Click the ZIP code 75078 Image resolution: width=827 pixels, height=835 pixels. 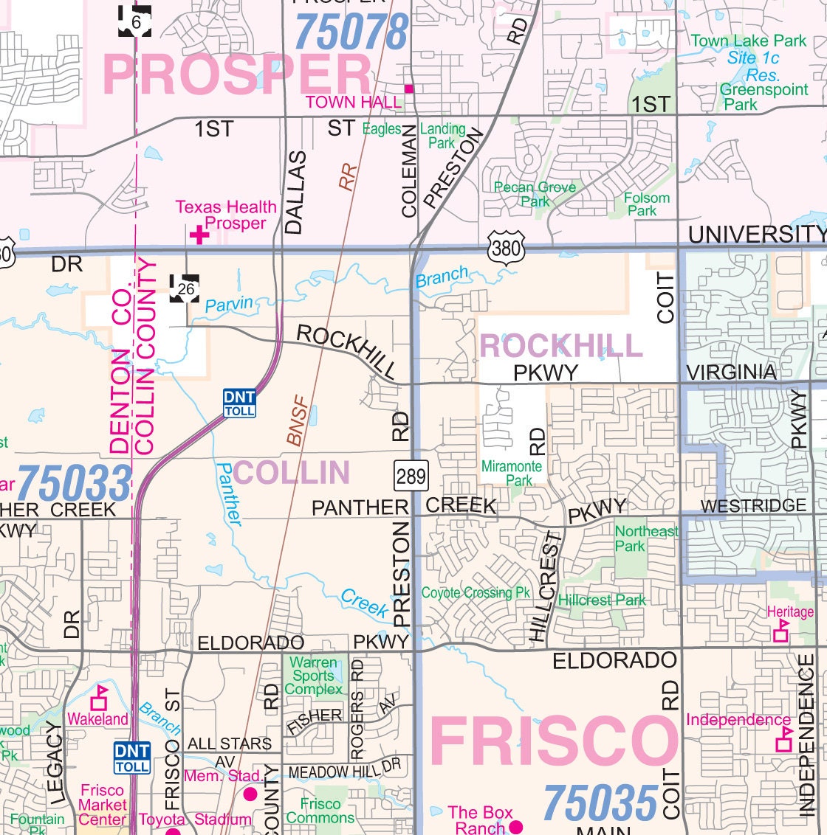(x=351, y=32)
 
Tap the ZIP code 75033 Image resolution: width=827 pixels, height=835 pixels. (x=74, y=484)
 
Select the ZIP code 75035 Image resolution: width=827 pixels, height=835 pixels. (x=600, y=803)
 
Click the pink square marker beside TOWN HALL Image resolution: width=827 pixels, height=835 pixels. (x=409, y=89)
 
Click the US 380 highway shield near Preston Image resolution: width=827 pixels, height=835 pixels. (x=507, y=246)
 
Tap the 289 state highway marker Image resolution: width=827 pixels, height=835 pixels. (x=411, y=476)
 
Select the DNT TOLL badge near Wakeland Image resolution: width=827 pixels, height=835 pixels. (x=132, y=758)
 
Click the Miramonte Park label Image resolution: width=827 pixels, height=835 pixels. (x=512, y=473)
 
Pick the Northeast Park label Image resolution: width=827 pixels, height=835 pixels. (x=645, y=538)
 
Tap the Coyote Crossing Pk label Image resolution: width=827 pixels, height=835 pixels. (x=476, y=592)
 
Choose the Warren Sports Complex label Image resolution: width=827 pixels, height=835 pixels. (x=314, y=676)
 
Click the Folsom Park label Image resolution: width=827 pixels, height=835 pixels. (x=646, y=204)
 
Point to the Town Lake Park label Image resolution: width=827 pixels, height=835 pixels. (x=748, y=41)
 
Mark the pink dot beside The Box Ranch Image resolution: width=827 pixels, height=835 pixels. (x=515, y=826)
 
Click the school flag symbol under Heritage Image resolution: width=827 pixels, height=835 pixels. (x=780, y=631)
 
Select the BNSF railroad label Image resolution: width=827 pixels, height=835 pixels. (x=298, y=422)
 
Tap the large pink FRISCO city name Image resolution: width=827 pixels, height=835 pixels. (x=554, y=741)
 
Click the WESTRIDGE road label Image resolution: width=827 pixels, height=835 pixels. (x=753, y=506)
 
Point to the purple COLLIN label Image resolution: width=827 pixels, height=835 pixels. (x=292, y=473)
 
